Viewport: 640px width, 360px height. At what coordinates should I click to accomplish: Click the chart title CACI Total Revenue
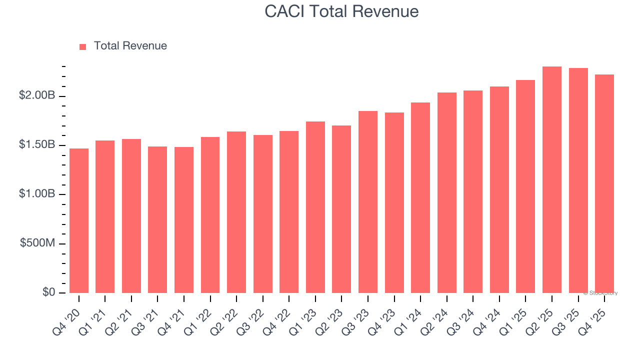(341, 11)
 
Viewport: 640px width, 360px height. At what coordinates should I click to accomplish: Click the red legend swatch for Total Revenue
(83, 46)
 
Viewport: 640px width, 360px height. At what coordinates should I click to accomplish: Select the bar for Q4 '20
(79, 220)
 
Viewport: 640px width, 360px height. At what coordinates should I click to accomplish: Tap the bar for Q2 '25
(552, 179)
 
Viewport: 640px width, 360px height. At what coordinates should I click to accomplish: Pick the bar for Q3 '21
(157, 219)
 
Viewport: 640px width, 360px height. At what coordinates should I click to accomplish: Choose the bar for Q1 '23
(315, 207)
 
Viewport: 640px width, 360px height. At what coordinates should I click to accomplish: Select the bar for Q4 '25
(604, 183)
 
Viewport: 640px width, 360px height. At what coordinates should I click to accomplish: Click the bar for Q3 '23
(368, 202)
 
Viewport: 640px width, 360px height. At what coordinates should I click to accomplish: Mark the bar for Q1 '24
(420, 197)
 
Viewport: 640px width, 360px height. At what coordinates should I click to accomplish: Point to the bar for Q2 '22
(236, 212)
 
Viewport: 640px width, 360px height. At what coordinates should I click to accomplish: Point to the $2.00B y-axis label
(36, 95)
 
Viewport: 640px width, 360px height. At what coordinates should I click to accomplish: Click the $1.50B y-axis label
(36, 144)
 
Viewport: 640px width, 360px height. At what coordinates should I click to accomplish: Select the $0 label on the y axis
(48, 292)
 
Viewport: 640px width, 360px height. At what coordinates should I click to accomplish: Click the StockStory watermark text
(600, 293)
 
